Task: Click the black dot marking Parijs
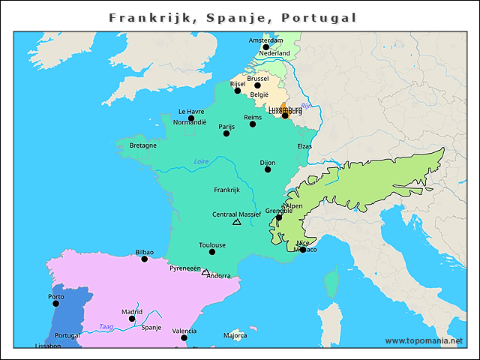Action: [226, 133]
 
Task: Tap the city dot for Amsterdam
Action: [265, 47]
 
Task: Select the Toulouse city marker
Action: [212, 252]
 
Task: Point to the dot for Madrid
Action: [132, 319]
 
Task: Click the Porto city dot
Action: [55, 304]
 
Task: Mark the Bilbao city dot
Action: [145, 259]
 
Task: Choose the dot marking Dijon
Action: [268, 169]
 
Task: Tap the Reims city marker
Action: [253, 124]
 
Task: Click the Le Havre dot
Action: [191, 118]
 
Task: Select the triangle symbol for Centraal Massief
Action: [237, 222]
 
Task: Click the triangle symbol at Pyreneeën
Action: [205, 272]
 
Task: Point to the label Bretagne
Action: [143, 145]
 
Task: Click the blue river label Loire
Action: [201, 161]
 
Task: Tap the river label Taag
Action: [106, 326]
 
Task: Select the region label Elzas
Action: [304, 145]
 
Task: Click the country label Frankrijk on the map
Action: [226, 190]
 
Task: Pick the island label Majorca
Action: [235, 335]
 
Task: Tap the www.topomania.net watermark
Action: [424, 340]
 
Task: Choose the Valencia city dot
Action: [184, 338]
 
